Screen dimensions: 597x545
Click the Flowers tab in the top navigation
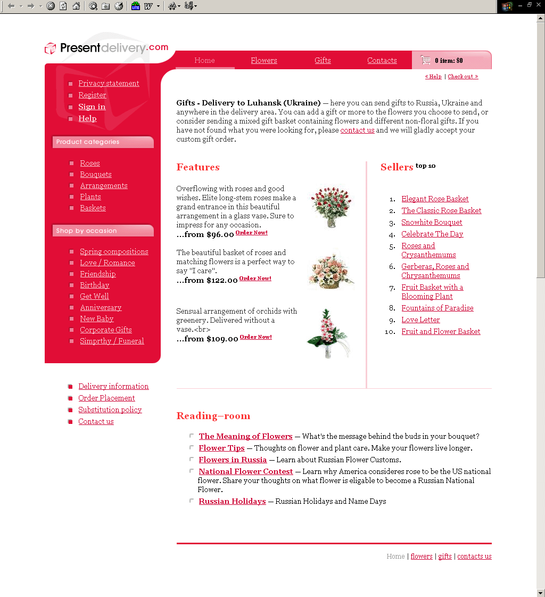(x=264, y=60)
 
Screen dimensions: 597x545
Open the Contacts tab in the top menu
(x=382, y=60)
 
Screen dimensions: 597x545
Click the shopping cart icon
(x=425, y=60)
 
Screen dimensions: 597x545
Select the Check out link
(x=463, y=77)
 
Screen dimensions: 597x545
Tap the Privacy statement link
(x=109, y=83)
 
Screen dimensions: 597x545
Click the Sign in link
(x=92, y=107)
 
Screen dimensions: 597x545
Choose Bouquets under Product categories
(x=96, y=174)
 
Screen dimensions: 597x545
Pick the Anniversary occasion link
(x=101, y=307)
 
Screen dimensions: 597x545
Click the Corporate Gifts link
(x=106, y=330)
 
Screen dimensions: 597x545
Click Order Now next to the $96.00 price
(x=251, y=233)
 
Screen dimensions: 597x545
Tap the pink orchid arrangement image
(x=328, y=333)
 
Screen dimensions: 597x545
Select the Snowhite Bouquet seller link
(x=432, y=222)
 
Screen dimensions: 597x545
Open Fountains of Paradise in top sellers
(x=437, y=308)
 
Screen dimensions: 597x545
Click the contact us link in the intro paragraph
(x=357, y=130)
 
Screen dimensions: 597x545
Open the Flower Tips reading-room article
(x=221, y=448)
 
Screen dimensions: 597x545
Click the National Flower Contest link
(x=245, y=471)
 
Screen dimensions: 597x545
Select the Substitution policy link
(x=110, y=410)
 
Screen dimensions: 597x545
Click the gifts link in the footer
(x=445, y=556)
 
